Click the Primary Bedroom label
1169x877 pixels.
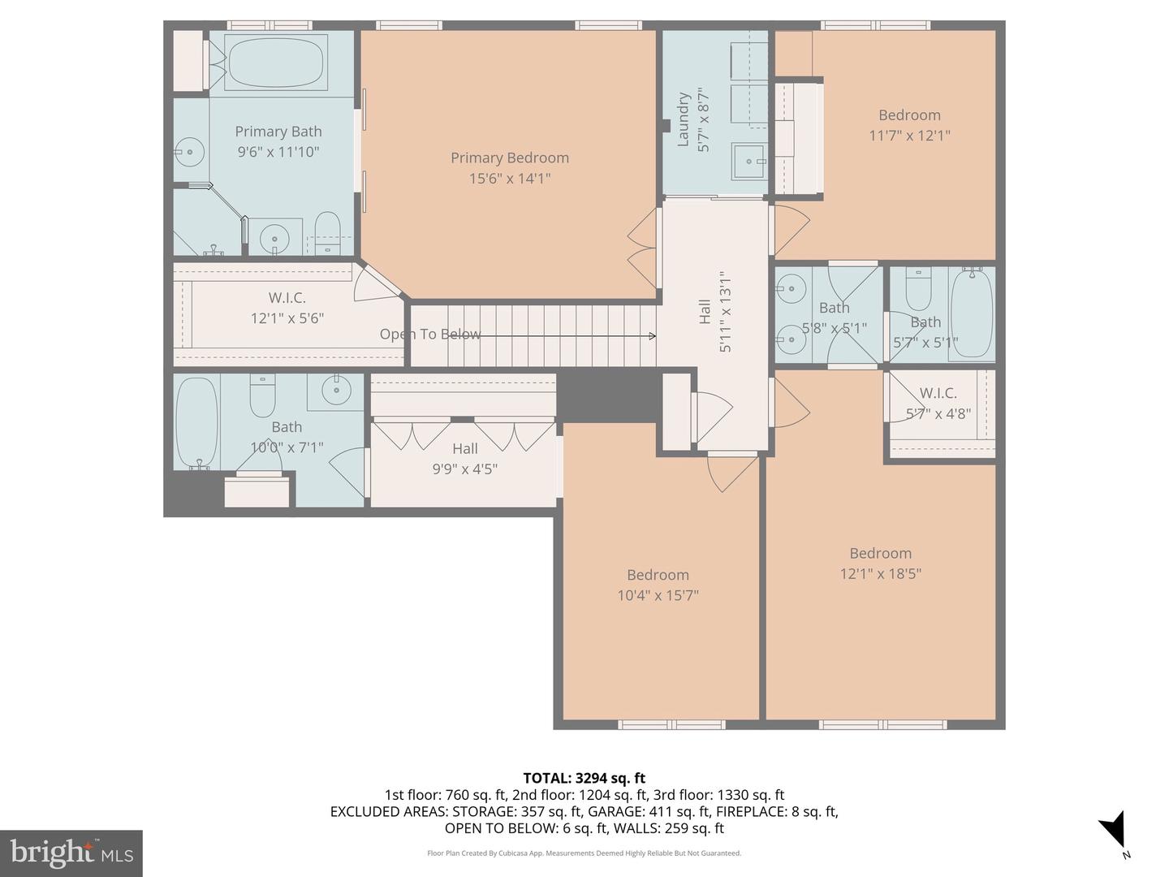pyautogui.click(x=509, y=158)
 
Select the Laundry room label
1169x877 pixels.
pyautogui.click(x=684, y=120)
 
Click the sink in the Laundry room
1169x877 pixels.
pyautogui.click(x=748, y=162)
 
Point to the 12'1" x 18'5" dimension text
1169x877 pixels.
pyautogui.click(x=880, y=574)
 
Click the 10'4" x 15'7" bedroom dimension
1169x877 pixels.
pyautogui.click(x=658, y=595)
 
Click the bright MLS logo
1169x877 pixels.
pyautogui.click(x=71, y=853)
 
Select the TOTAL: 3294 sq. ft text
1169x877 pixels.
pyautogui.click(x=584, y=778)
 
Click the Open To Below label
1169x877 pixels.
pyautogui.click(x=429, y=334)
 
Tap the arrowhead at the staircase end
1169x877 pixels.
pyautogui.click(x=652, y=335)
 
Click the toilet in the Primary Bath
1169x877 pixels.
pyautogui.click(x=327, y=231)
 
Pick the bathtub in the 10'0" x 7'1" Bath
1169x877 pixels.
pyautogui.click(x=196, y=422)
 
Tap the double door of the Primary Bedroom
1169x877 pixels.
pyautogui.click(x=641, y=248)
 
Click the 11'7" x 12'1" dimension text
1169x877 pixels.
pyautogui.click(x=909, y=136)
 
